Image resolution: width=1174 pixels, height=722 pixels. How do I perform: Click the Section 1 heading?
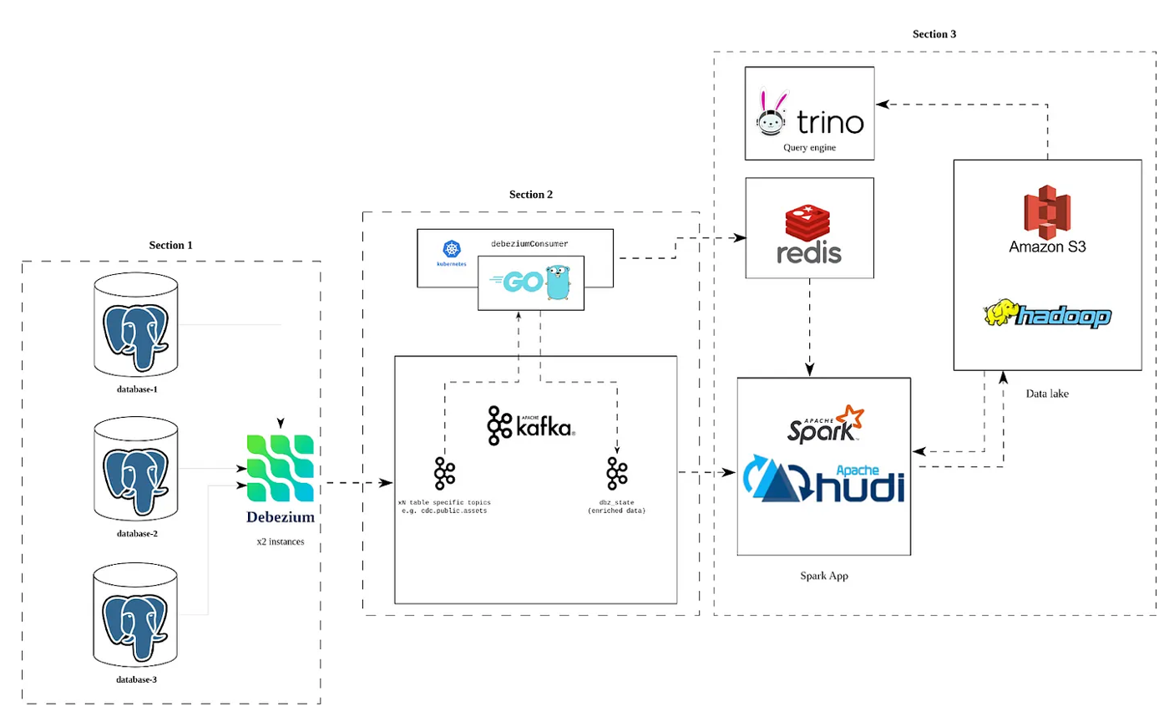pos(170,245)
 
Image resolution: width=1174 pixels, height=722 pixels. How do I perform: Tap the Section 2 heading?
pos(531,194)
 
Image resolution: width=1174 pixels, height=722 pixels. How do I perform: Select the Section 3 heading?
pos(934,34)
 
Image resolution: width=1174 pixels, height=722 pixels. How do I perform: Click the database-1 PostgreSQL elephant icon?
pos(135,335)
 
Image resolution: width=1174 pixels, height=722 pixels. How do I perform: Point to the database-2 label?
pos(137,533)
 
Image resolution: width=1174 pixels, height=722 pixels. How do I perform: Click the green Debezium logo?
pos(281,468)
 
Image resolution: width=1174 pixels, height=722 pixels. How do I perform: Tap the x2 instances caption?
pos(281,541)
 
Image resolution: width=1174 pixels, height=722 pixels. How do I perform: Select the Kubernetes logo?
pos(452,249)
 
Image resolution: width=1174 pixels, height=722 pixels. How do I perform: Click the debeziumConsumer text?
pos(529,244)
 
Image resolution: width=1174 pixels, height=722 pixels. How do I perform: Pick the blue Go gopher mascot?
pos(558,282)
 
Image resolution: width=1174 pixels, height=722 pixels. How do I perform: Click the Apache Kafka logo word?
pos(544,427)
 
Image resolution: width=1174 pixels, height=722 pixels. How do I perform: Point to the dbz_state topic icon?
pos(617,473)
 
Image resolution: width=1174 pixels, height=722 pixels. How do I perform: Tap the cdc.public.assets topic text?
pos(444,511)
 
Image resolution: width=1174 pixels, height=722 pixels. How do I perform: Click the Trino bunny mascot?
pos(772,114)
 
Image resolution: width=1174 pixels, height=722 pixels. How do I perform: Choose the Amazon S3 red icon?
pos(1047,212)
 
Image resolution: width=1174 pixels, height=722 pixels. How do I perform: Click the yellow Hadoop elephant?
pos(1000,313)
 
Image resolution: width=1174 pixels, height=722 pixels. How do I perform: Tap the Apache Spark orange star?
pos(851,417)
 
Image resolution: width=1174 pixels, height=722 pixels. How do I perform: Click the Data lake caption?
pos(1047,394)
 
